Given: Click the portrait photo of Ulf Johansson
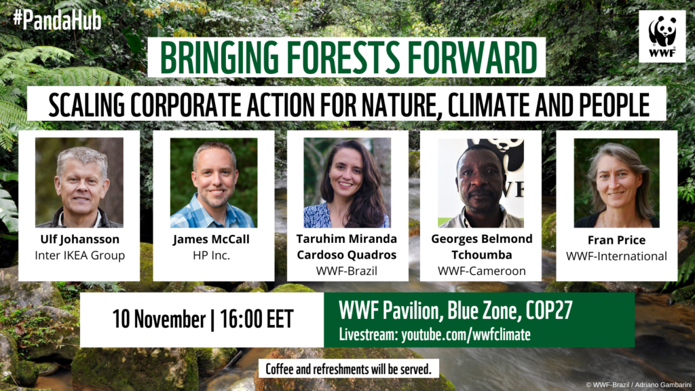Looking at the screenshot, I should pos(79,182).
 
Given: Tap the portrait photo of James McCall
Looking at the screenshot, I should pos(213,182).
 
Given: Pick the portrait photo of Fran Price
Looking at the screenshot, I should pos(616,182).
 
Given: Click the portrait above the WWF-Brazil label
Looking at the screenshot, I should pos(347,182).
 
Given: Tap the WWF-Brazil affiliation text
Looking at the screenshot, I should pos(347,270).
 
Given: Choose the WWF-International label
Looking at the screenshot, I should pos(617,256).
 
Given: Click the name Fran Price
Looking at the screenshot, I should pos(617,240).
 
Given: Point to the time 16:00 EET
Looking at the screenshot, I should pos(255,320).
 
